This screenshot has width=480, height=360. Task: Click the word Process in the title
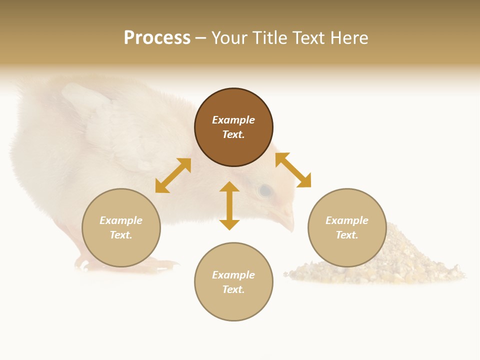[157, 38]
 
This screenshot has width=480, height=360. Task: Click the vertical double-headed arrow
[229, 205]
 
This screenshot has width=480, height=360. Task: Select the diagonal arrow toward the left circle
[173, 175]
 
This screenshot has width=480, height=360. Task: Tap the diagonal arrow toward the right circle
[293, 170]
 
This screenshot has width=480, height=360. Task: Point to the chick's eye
[265, 190]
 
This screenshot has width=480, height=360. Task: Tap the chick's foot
[165, 263]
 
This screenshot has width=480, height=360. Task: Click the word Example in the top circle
[233, 120]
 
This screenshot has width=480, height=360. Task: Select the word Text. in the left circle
[121, 235]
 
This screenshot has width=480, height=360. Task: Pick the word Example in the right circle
[347, 220]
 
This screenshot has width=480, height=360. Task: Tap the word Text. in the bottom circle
[233, 289]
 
